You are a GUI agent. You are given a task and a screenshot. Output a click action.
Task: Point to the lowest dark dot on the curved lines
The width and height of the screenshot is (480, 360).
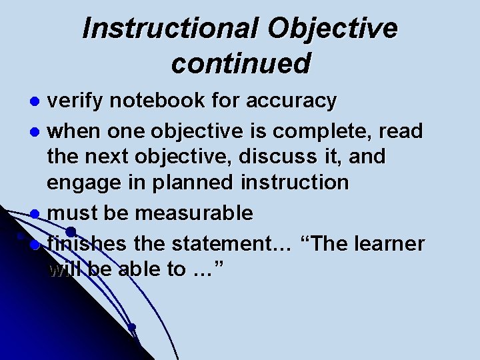(x=132, y=327)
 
